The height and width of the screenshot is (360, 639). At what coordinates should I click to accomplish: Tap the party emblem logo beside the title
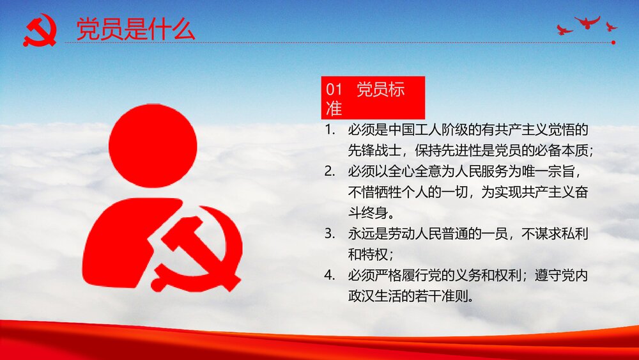click(x=40, y=31)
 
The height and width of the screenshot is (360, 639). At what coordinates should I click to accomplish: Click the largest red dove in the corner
click(x=587, y=23)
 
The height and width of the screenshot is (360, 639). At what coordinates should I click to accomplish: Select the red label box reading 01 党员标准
click(x=373, y=97)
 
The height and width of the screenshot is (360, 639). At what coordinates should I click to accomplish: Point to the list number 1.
click(x=330, y=130)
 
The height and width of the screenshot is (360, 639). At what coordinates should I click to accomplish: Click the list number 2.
click(x=330, y=171)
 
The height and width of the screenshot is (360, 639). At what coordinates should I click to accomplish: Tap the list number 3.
click(x=330, y=233)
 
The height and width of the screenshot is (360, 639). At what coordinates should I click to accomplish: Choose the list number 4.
click(x=330, y=276)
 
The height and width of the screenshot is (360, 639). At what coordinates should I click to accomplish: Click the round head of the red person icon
click(x=153, y=146)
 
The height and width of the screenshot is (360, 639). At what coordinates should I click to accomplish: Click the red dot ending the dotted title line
click(x=613, y=43)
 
